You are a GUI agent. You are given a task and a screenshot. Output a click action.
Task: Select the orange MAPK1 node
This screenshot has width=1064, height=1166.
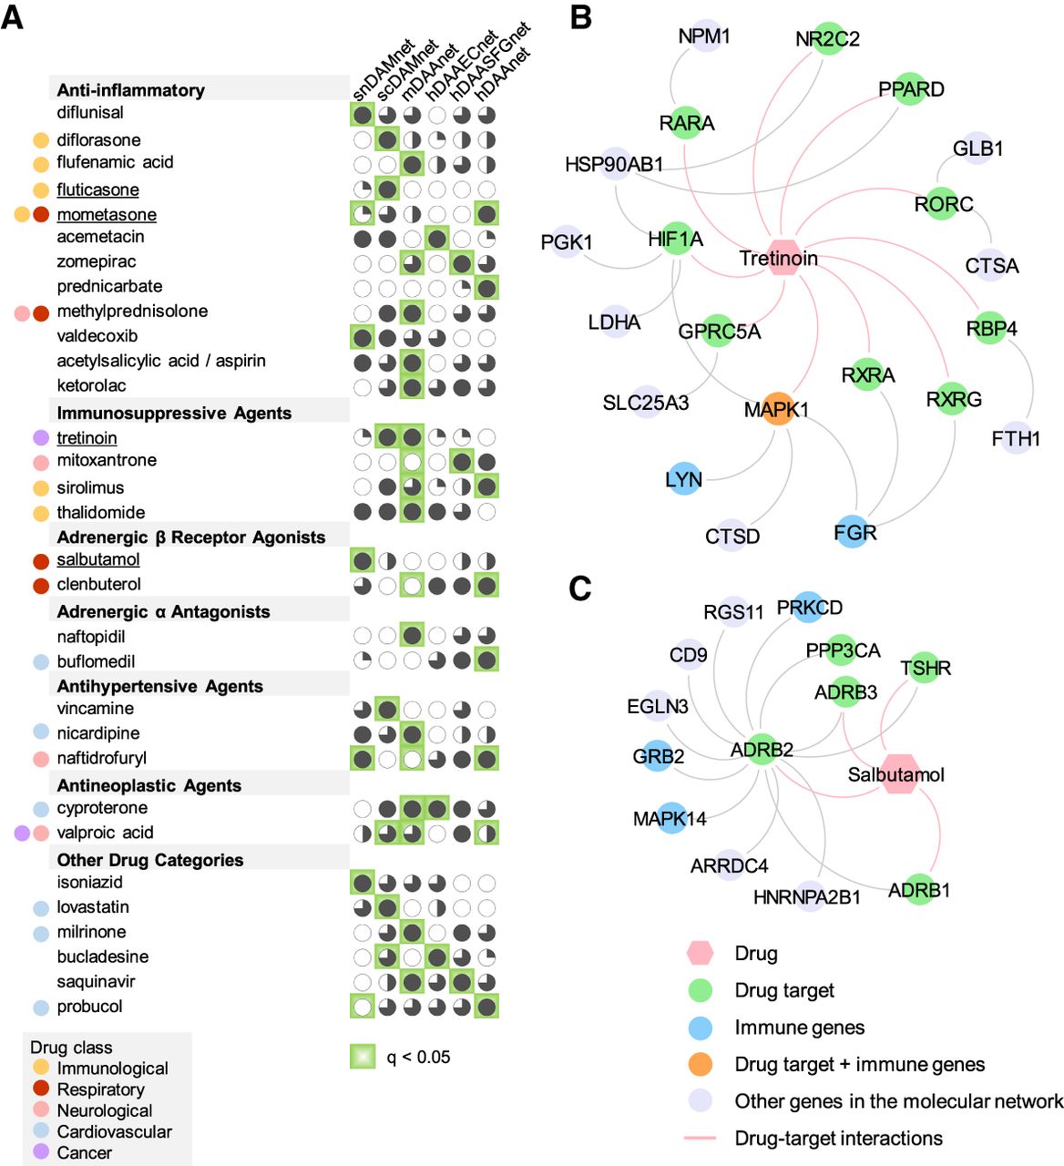(x=777, y=409)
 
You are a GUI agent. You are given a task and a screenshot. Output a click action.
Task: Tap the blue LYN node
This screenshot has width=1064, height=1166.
(x=684, y=479)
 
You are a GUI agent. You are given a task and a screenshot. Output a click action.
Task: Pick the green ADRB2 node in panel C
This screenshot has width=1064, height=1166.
(x=762, y=749)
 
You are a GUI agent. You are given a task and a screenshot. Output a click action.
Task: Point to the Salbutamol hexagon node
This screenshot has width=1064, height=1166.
(x=899, y=773)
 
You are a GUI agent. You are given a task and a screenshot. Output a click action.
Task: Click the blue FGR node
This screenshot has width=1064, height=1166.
(x=854, y=532)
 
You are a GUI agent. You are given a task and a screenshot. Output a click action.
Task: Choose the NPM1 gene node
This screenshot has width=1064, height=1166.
(x=704, y=36)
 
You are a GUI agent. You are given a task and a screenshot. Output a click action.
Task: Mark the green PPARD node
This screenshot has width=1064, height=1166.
(x=911, y=89)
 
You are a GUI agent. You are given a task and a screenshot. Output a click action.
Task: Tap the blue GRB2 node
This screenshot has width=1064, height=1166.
(x=658, y=756)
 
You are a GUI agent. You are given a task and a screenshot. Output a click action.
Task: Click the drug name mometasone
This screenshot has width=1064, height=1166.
(x=107, y=214)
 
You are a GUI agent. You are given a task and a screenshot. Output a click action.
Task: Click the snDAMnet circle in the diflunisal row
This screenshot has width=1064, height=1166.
(x=363, y=115)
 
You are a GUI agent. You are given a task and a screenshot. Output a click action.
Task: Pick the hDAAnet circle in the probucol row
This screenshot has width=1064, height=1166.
(x=486, y=1007)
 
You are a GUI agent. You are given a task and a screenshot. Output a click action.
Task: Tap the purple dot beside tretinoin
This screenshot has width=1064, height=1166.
(x=41, y=437)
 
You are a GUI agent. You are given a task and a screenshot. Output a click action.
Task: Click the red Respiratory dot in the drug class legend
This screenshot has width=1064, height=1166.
(x=41, y=1088)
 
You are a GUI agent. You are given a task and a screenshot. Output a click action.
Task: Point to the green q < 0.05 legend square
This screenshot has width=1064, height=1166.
(x=363, y=1056)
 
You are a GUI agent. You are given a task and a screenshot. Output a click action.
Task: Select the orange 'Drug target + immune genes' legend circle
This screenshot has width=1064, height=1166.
(x=700, y=1063)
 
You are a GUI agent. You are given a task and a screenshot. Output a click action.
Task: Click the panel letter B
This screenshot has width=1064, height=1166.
(x=581, y=17)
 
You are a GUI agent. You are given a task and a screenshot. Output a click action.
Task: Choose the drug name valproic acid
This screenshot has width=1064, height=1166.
(x=106, y=833)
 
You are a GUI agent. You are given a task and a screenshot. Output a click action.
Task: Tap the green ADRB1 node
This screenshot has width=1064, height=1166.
(x=918, y=889)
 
